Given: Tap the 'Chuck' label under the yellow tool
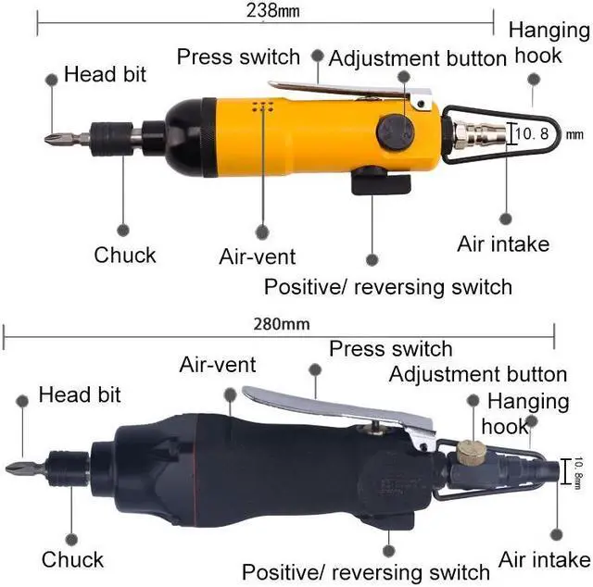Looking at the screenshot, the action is pyautogui.click(x=125, y=255).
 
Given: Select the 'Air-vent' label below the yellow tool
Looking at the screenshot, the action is pyautogui.click(x=258, y=256).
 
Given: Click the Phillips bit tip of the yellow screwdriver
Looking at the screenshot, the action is pyautogui.click(x=52, y=140).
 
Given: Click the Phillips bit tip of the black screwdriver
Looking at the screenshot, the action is pyautogui.click(x=13, y=468).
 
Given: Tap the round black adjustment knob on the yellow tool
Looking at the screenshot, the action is pyautogui.click(x=394, y=131).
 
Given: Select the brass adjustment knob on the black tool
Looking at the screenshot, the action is pyautogui.click(x=471, y=453).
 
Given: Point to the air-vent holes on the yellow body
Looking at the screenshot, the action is pyautogui.click(x=263, y=107).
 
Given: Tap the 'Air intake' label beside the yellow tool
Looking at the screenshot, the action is pyautogui.click(x=503, y=244).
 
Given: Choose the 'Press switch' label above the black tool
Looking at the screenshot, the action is pyautogui.click(x=391, y=349).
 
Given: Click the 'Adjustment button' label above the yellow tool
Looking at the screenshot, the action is pyautogui.click(x=418, y=58).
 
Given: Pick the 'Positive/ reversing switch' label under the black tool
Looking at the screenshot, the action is pyautogui.click(x=366, y=571).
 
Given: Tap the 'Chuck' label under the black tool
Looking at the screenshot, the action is pyautogui.click(x=72, y=559).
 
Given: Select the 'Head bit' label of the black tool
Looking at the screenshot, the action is pyautogui.click(x=80, y=395).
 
